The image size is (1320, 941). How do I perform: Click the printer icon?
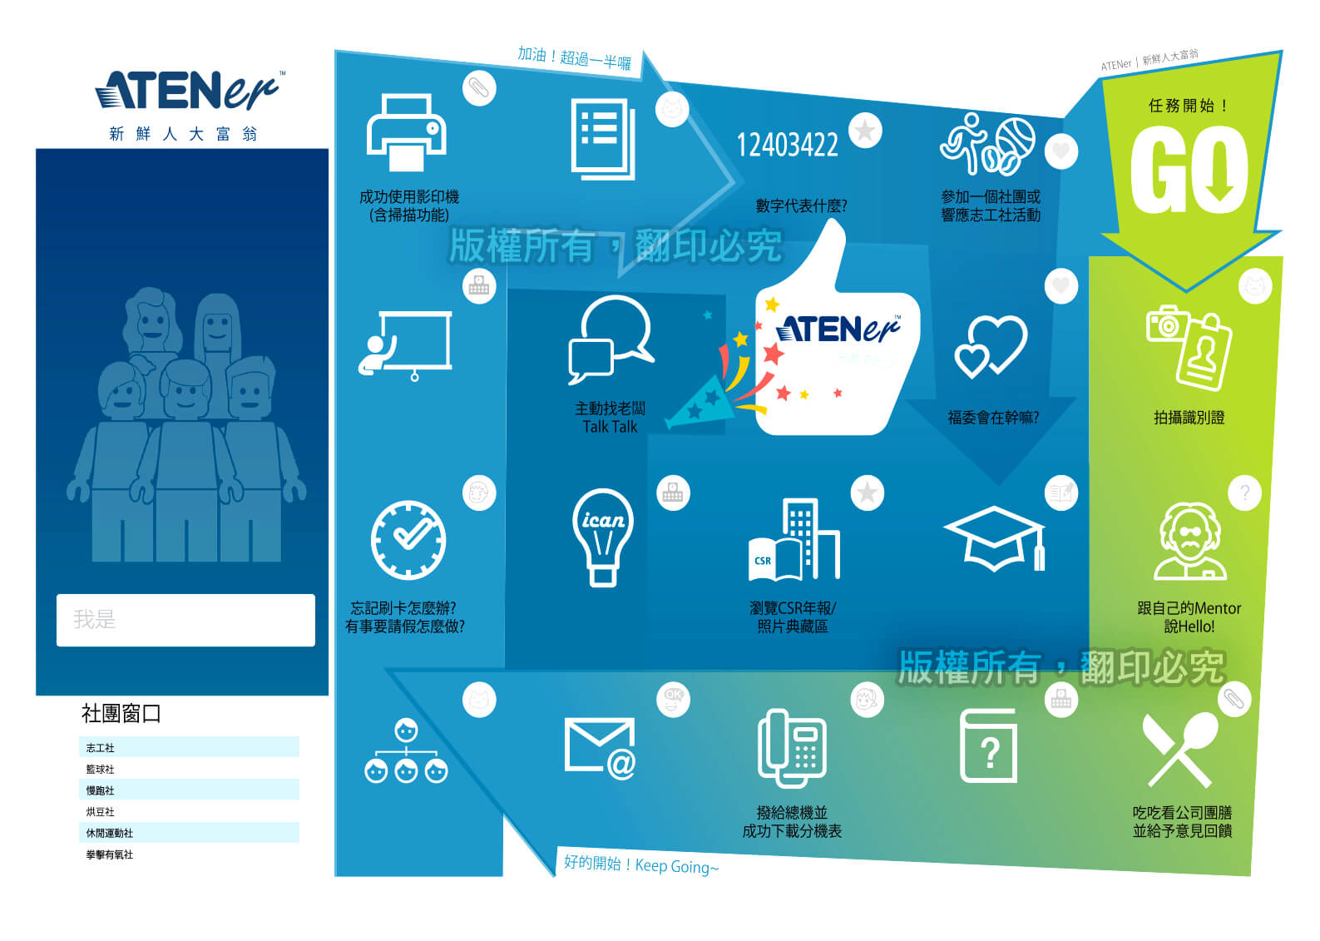407,133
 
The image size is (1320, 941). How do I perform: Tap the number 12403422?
787,146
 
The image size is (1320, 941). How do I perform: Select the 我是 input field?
185,620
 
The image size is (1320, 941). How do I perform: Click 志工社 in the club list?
101,748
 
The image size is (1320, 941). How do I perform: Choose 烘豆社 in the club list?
101,811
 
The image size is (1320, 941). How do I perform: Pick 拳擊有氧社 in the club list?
110,854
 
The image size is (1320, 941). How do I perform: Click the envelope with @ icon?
600,747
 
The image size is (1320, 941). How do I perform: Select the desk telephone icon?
791,747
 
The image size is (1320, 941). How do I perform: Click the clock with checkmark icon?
408,539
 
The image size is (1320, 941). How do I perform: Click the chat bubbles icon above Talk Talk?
610,340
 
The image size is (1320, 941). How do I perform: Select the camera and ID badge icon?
1188,347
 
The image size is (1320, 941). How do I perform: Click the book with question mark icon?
988,746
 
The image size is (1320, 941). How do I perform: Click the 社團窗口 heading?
121,713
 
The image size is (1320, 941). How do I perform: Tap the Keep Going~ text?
676,866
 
